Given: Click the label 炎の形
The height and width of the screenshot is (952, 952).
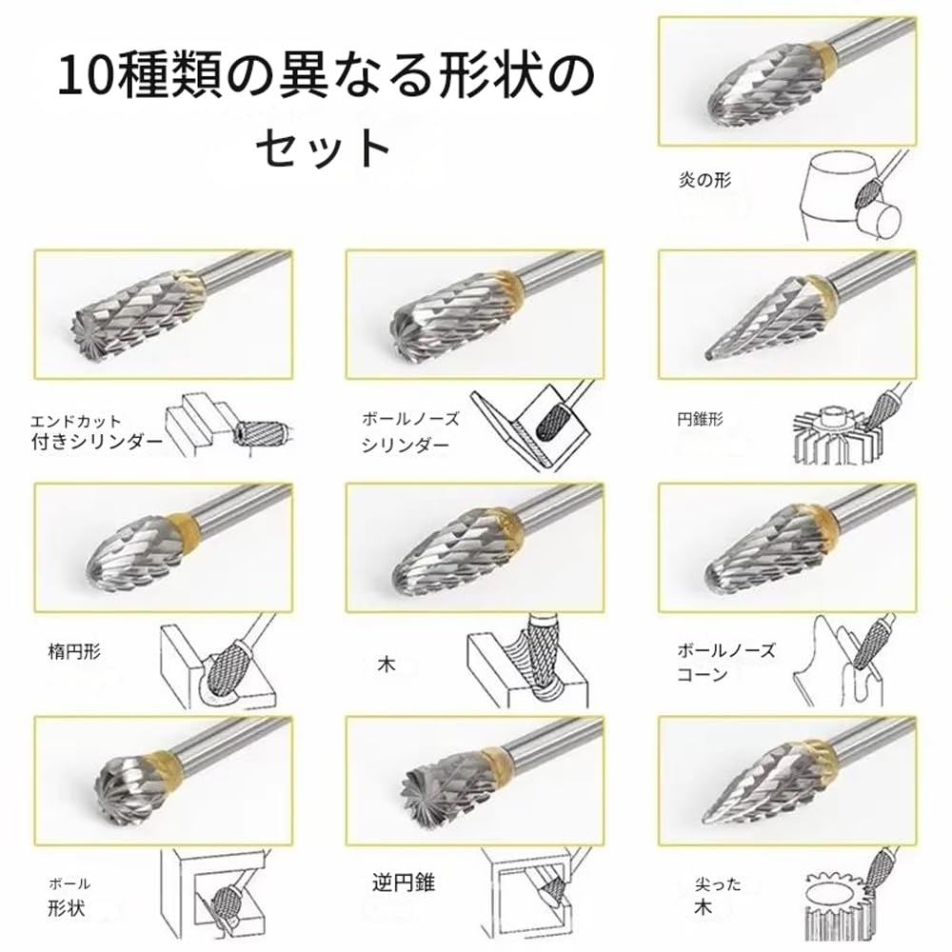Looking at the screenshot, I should click(704, 179).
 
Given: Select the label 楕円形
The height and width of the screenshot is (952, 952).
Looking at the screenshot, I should click(74, 652).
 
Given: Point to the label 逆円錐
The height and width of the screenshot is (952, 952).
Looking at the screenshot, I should click(403, 883).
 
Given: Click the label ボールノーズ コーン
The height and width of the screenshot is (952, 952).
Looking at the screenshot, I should click(725, 663).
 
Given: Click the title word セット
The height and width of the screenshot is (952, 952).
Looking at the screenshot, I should click(324, 147).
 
